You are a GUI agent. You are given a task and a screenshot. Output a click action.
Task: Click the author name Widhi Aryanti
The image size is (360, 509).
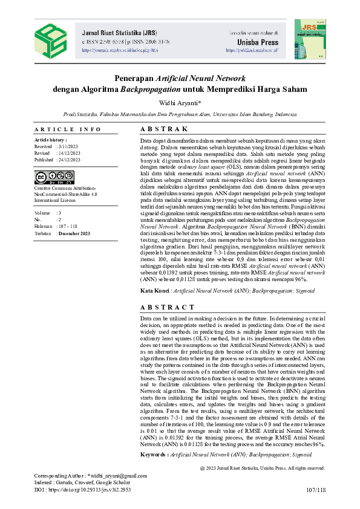179,103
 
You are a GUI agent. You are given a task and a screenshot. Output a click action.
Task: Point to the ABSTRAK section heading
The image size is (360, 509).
164,129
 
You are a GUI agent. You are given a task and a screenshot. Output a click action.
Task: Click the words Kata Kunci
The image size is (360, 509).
155,291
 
